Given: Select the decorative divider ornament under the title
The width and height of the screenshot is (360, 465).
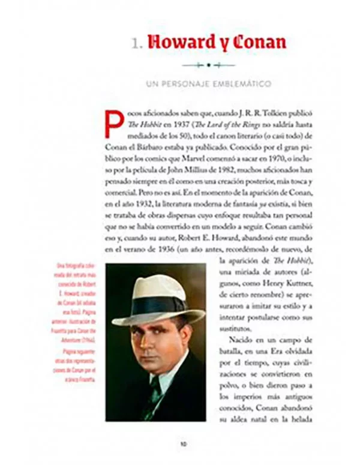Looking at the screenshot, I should (208, 64).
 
